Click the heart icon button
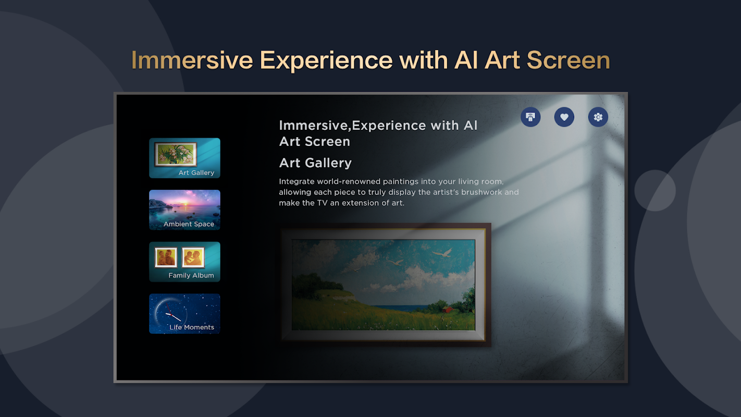(564, 117)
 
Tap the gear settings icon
(598, 117)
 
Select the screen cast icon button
(530, 117)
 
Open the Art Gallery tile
(184, 158)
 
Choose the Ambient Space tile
(184, 210)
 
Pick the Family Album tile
(184, 262)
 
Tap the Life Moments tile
(184, 314)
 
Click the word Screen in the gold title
(569, 60)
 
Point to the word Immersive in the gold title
(192, 60)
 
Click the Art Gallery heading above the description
(315, 163)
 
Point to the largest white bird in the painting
(442, 253)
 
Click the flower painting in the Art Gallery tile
(175, 154)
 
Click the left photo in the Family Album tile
(166, 257)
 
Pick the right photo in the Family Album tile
(193, 257)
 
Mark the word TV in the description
(322, 203)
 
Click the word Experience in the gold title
(326, 60)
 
